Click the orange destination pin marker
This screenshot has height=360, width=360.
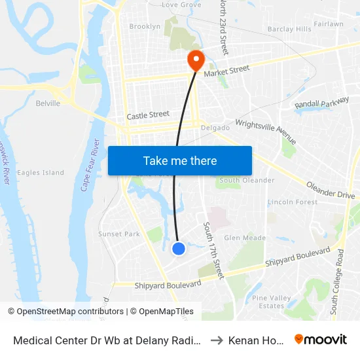point(195,60)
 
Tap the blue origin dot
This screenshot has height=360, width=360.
point(178,249)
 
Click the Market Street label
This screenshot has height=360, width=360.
point(226,69)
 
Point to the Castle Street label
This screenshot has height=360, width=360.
point(148,115)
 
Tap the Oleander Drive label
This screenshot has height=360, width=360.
point(331,190)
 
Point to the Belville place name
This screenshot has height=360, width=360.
point(48,103)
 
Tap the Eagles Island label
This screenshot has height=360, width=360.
point(41,173)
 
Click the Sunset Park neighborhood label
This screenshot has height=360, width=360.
point(119,234)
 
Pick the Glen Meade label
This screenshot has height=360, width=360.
point(245,238)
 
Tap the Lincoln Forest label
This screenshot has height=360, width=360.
point(293,202)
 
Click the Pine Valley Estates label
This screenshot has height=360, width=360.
point(272,302)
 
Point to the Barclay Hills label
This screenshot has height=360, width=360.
point(289,29)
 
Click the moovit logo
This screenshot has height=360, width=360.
point(321,339)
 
